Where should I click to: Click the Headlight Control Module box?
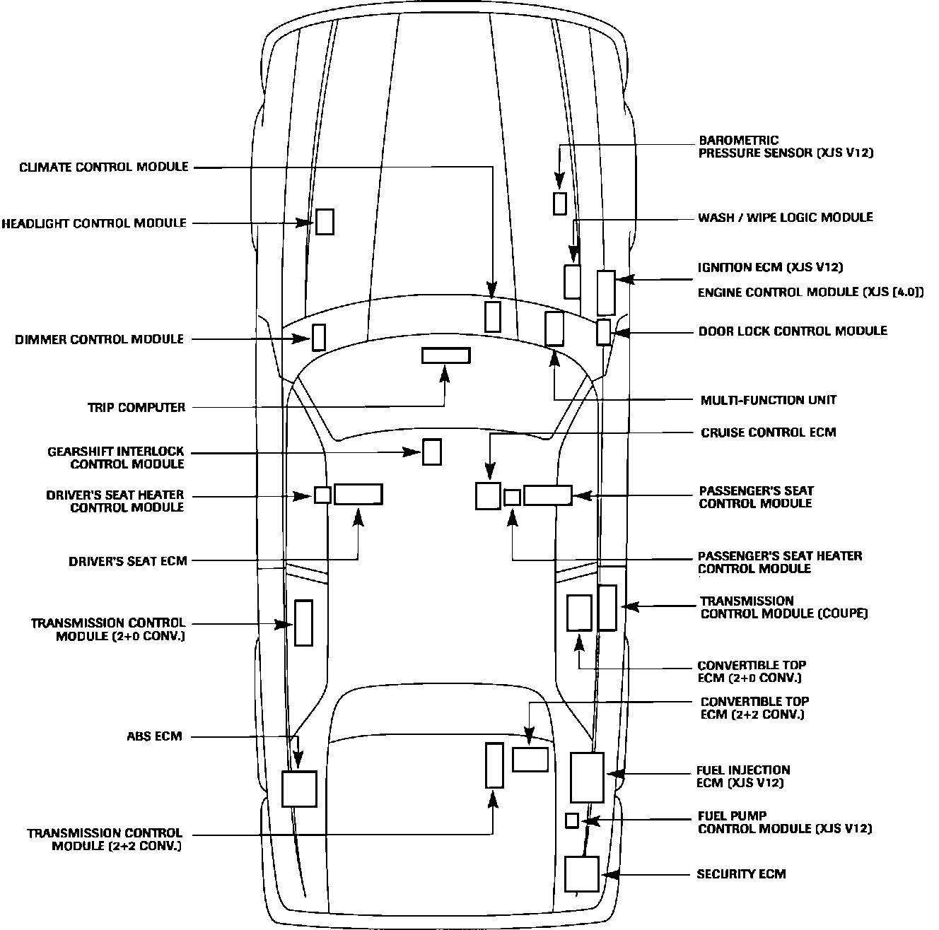pyautogui.click(x=325, y=222)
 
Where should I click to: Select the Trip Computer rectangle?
pyautogui.click(x=445, y=355)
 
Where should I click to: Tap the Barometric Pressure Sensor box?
pyautogui.click(x=559, y=204)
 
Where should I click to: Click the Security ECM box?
pyautogui.click(x=582, y=874)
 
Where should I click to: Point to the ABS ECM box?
pyautogui.click(x=299, y=789)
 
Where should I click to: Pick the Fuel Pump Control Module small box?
pyautogui.click(x=572, y=820)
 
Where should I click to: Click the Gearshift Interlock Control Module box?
pyautogui.click(x=432, y=452)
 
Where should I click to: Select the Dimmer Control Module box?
pyautogui.click(x=319, y=337)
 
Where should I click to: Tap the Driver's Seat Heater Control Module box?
pyautogui.click(x=322, y=495)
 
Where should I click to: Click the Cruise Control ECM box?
pyautogui.click(x=488, y=495)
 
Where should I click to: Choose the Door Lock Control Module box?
pyautogui.click(x=603, y=332)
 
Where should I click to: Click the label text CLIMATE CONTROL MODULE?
pyautogui.click(x=104, y=167)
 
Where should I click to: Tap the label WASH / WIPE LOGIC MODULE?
pyautogui.click(x=785, y=218)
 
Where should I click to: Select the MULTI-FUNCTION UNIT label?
pyautogui.click(x=768, y=400)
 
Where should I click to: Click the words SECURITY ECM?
pyautogui.click(x=741, y=874)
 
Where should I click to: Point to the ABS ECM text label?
pyautogui.click(x=154, y=736)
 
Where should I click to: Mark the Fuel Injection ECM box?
pyautogui.click(x=587, y=777)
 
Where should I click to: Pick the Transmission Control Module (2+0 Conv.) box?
pyautogui.click(x=303, y=623)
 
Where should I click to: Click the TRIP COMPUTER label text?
pyautogui.click(x=136, y=408)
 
